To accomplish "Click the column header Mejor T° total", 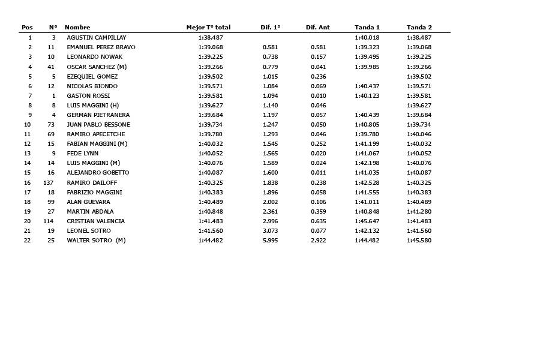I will pyautogui.click(x=208, y=28).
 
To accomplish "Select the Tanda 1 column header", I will pyautogui.click(x=367, y=28).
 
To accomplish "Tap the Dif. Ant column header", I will pyautogui.click(x=317, y=28).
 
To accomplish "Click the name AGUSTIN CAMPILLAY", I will pyautogui.click(x=96, y=38).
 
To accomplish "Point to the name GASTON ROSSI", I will pyautogui.click(x=88, y=96).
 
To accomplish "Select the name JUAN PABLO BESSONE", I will pyautogui.click(x=98, y=125).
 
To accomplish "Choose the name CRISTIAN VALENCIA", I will pyautogui.click(x=95, y=221).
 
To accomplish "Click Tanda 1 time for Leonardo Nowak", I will pyautogui.click(x=367, y=57).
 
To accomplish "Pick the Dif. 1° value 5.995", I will pyautogui.click(x=270, y=241).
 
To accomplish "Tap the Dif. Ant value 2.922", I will pyautogui.click(x=318, y=241).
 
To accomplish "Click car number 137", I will pyautogui.click(x=49, y=183).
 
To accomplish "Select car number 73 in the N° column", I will pyautogui.click(x=51, y=125).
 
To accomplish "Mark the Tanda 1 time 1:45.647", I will pyautogui.click(x=367, y=221).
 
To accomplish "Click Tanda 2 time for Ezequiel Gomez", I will pyautogui.click(x=419, y=77).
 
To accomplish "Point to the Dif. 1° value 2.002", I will pyautogui.click(x=270, y=202).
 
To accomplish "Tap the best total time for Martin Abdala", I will pyautogui.click(x=211, y=212).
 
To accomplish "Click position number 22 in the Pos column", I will pyautogui.click(x=27, y=241).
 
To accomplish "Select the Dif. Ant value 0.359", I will pyautogui.click(x=318, y=212).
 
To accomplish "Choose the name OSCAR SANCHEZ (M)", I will pyautogui.click(x=96, y=67).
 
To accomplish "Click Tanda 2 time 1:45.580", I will pyautogui.click(x=419, y=241).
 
